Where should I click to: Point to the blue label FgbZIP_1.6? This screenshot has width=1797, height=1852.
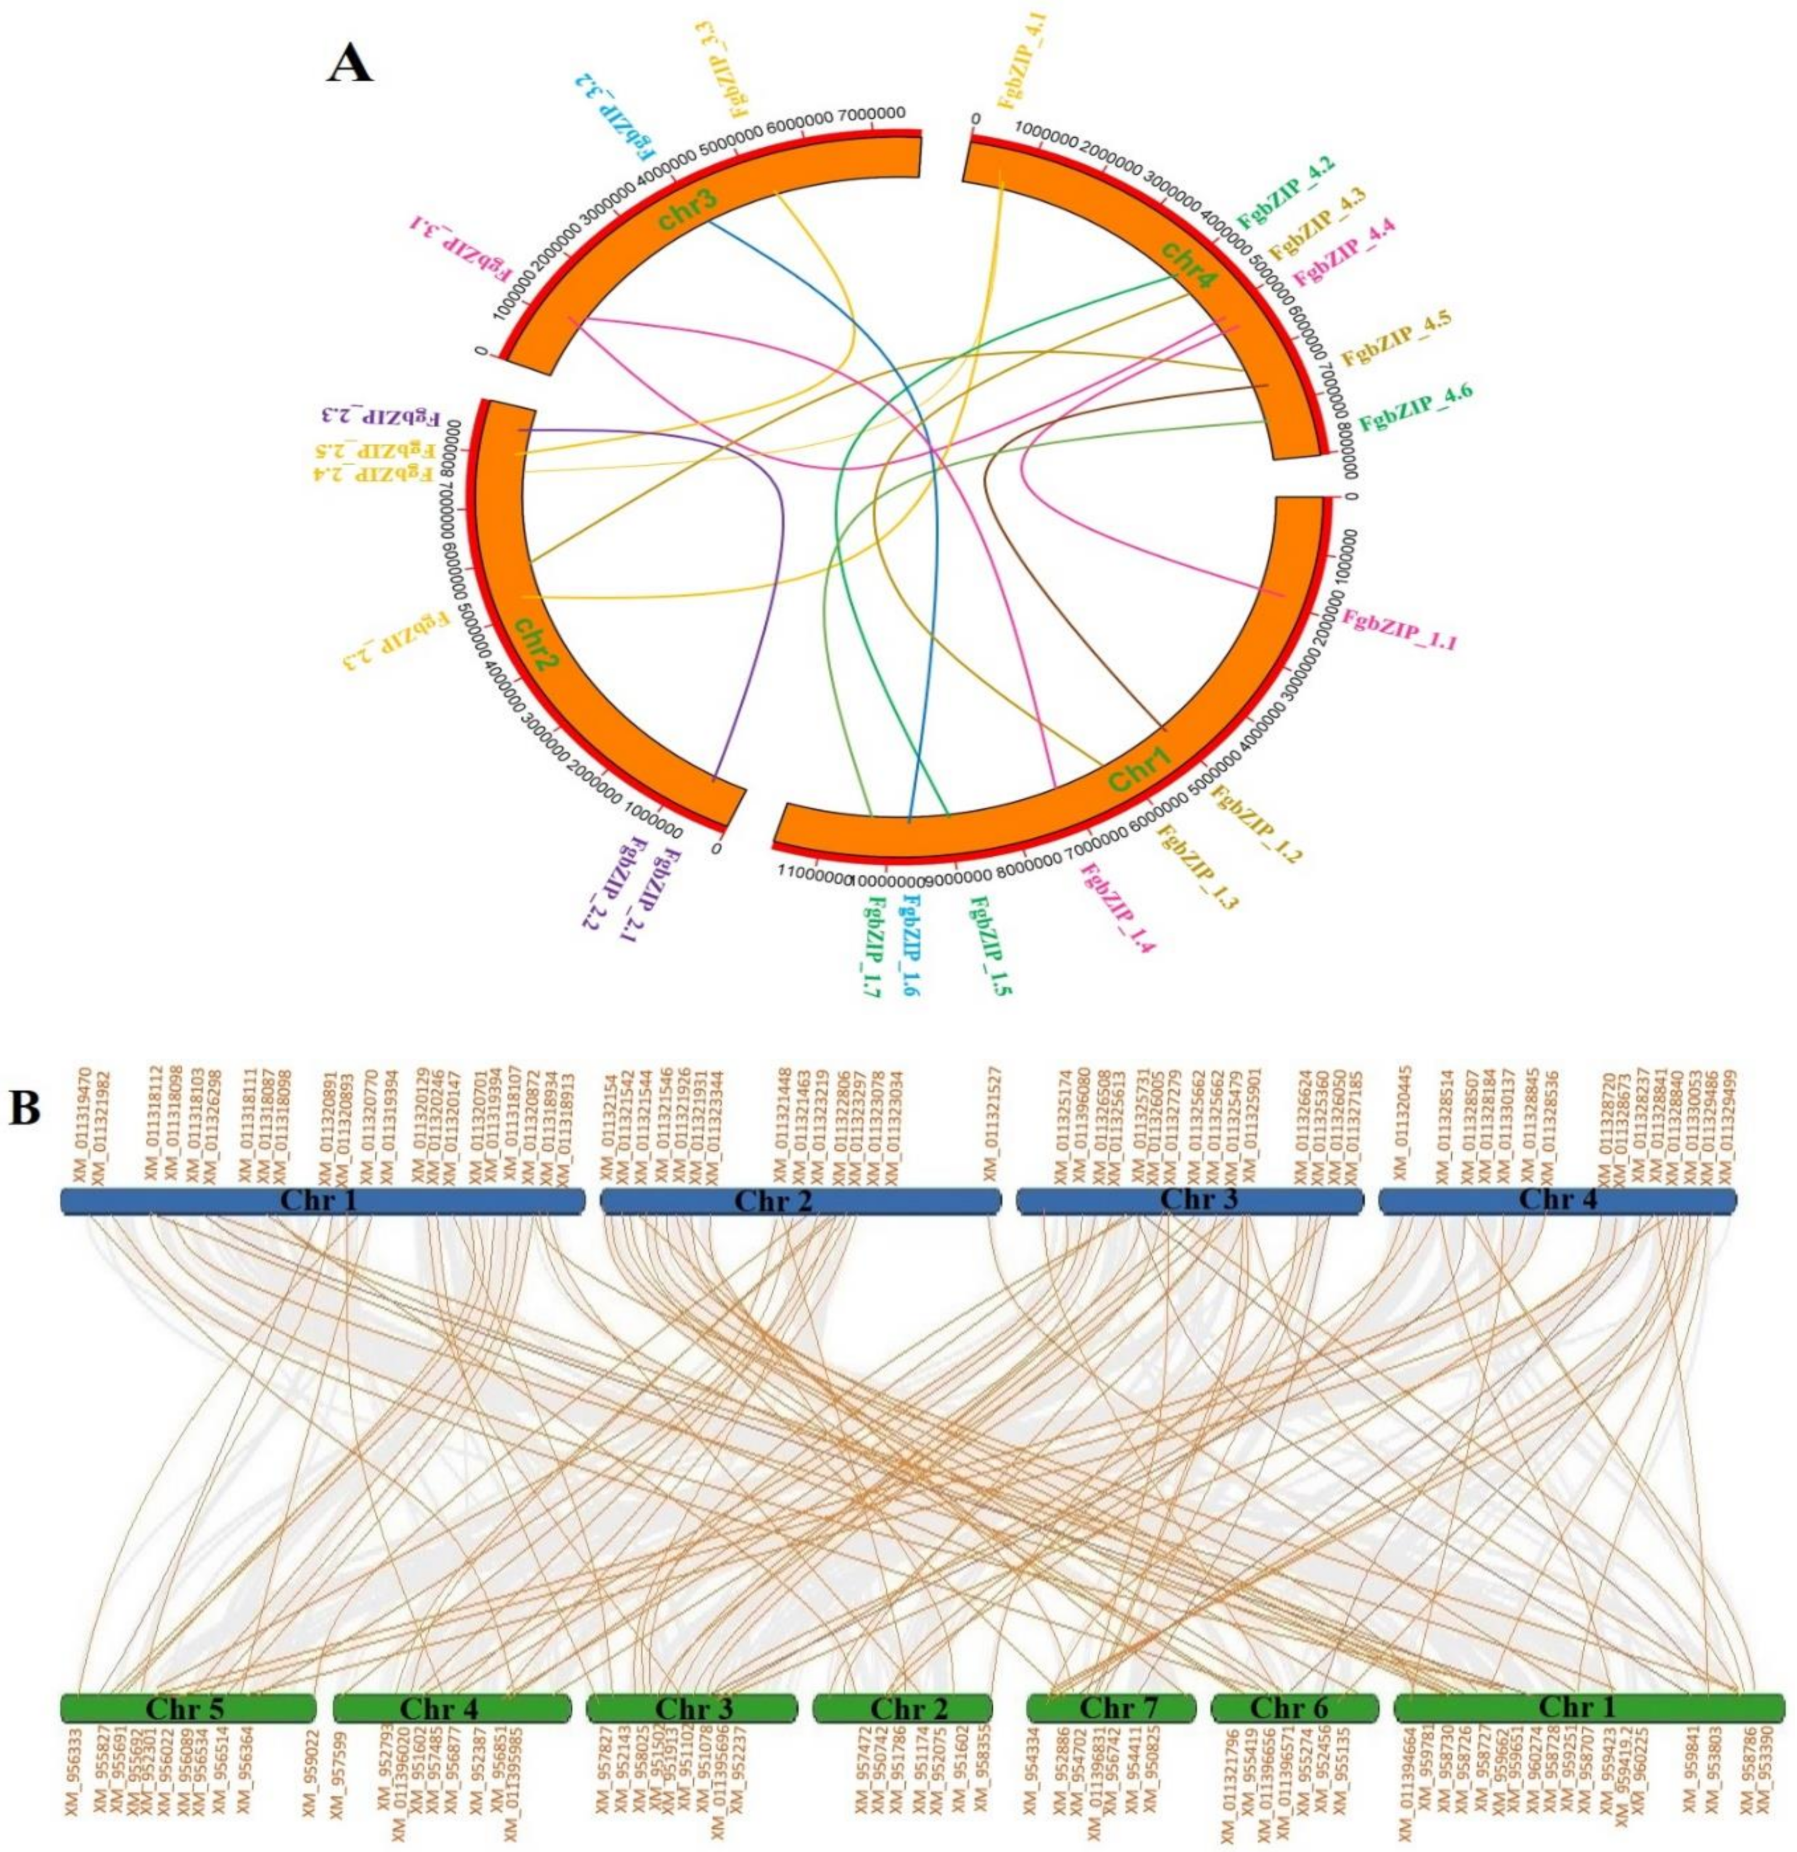(x=912, y=949)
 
